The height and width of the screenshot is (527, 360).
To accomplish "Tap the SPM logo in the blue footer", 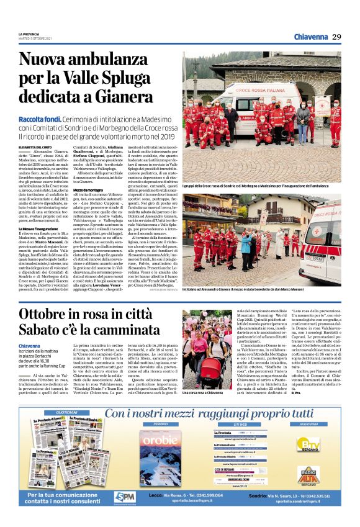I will coord(125,497).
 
